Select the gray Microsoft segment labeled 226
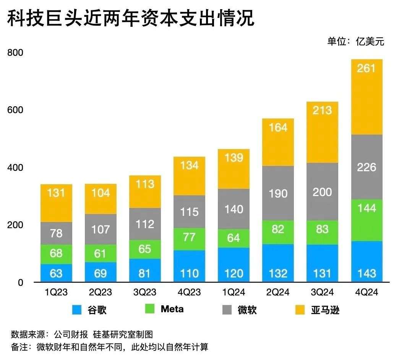tap(367, 167)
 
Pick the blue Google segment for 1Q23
tap(56, 273)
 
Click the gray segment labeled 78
tap(56, 233)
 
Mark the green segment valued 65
tap(145, 249)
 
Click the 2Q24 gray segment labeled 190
tap(278, 193)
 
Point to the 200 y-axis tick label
tap(16, 225)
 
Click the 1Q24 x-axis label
tap(234, 293)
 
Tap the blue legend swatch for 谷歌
tap(78, 310)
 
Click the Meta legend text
tap(172, 309)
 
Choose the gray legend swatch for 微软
tap(227, 310)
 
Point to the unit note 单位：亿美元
tap(355, 41)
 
